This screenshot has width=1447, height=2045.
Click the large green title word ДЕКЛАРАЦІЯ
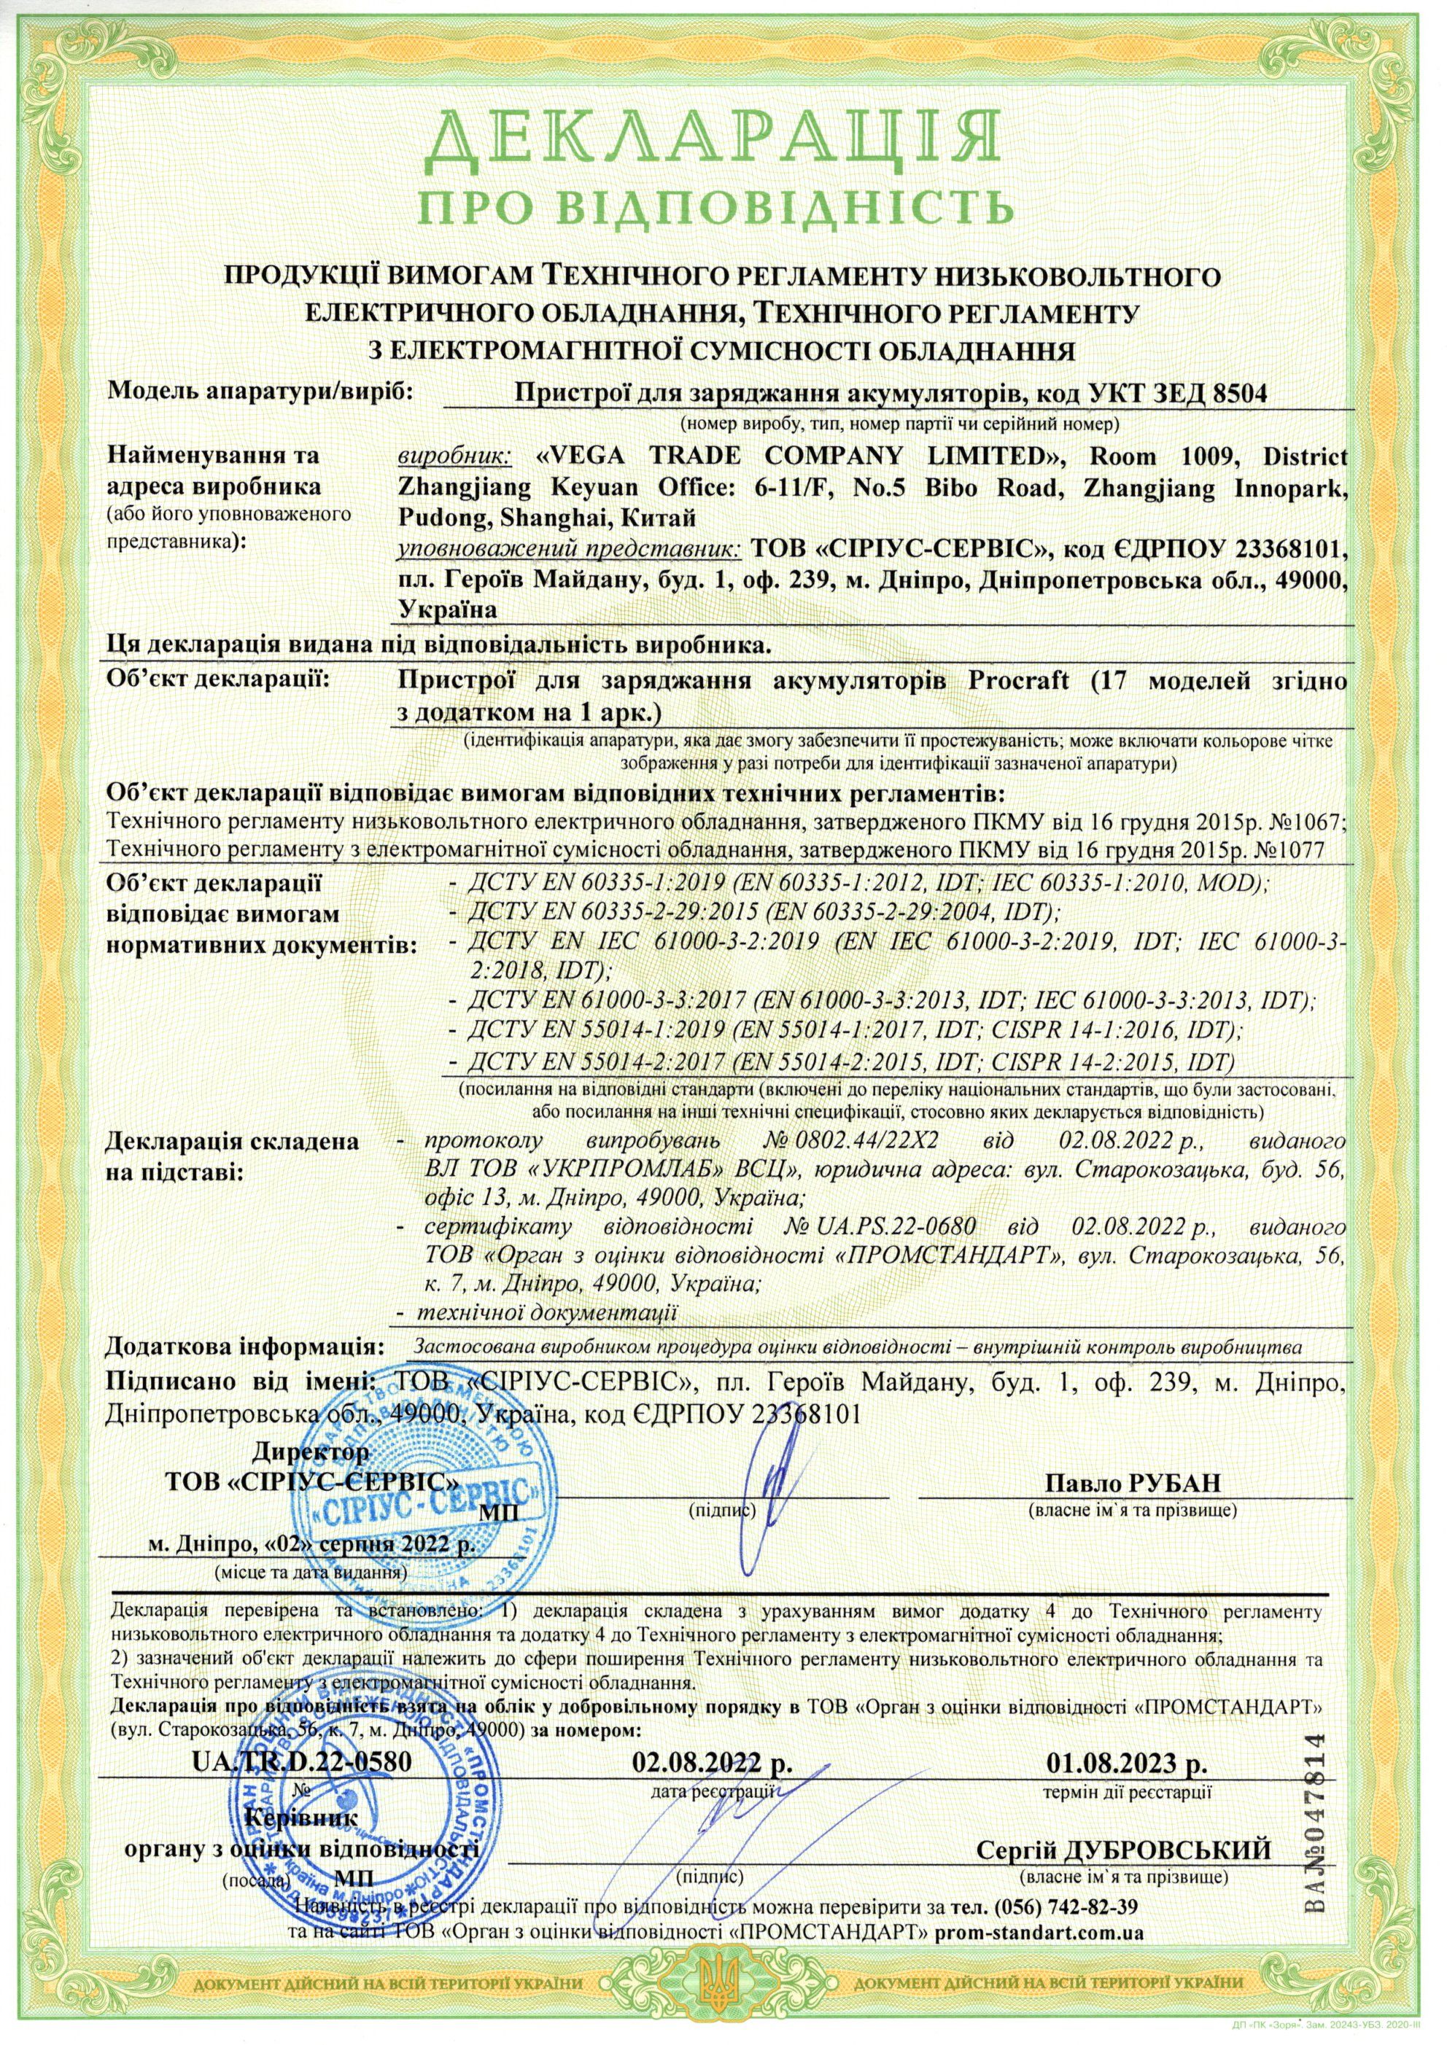pyautogui.click(x=723, y=141)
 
